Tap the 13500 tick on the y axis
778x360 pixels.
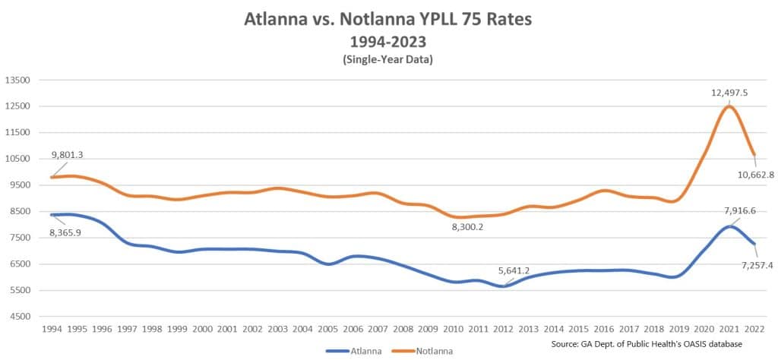[x=17, y=80]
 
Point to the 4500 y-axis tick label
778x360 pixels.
[x=20, y=317]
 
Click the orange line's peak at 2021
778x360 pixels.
[x=729, y=106]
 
